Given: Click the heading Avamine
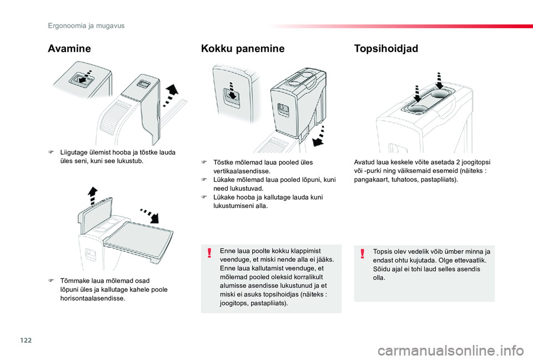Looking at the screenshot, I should [x=69, y=49].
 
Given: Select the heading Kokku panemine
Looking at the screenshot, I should [x=242, y=49].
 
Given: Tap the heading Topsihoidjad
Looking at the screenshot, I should [x=386, y=49].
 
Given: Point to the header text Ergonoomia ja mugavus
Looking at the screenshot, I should [x=86, y=26].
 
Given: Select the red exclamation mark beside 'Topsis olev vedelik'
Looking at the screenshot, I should [x=362, y=253].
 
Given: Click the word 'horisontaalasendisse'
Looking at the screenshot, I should [x=93, y=298].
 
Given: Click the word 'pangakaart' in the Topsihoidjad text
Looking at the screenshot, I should [x=370, y=180].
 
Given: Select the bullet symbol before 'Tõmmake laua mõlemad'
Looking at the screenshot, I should [x=51, y=281].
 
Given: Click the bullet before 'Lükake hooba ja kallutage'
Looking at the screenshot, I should [x=204, y=197].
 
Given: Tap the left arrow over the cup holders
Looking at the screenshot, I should [x=416, y=93].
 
